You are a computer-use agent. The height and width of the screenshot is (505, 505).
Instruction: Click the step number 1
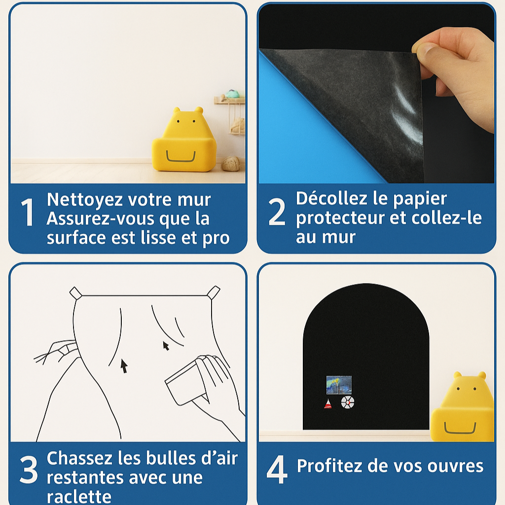28,212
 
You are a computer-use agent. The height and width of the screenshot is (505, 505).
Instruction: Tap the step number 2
277,211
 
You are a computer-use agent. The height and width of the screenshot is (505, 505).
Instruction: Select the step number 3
29,469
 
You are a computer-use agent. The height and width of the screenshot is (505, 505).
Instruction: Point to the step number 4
277,469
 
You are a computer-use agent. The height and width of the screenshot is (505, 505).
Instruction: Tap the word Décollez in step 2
332,198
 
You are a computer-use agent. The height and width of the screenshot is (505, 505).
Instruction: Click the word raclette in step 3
79,497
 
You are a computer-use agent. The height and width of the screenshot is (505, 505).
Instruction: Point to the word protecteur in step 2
340,218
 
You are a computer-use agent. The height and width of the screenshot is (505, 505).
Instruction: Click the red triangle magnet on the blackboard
328,404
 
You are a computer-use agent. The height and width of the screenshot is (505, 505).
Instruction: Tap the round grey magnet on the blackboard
348,402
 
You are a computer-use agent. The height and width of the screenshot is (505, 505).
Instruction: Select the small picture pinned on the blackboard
339,385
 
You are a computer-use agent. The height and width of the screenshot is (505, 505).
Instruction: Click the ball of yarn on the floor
231,163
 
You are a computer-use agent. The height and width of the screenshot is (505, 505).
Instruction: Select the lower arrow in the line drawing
124,366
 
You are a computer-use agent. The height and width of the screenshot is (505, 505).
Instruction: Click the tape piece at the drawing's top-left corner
76,293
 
